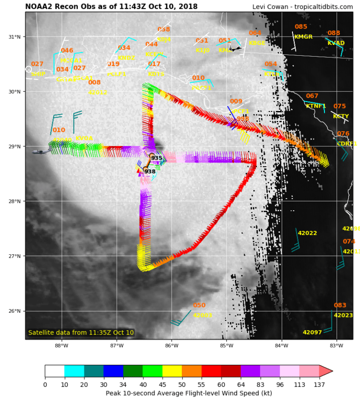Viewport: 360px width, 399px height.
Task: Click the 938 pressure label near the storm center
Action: point(150,172)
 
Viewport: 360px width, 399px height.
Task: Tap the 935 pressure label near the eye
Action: point(157,158)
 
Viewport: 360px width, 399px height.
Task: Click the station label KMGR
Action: point(303,37)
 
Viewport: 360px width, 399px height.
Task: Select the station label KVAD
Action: point(336,43)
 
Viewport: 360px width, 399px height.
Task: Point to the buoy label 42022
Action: point(307,233)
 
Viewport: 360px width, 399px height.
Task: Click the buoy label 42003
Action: point(202,315)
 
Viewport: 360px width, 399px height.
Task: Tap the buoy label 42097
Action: point(312,332)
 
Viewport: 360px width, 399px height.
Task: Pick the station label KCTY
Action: point(341,116)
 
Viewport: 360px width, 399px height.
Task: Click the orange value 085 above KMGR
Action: point(301,27)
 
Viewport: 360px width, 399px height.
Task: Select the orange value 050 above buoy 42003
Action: point(199,305)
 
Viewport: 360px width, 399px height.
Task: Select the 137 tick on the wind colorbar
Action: point(319,384)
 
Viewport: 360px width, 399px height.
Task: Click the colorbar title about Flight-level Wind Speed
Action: point(189,393)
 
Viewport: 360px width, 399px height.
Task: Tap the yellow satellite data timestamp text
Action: point(81,332)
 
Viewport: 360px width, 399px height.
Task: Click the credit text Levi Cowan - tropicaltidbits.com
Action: point(302,7)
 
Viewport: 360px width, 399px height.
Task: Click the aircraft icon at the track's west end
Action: point(40,152)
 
